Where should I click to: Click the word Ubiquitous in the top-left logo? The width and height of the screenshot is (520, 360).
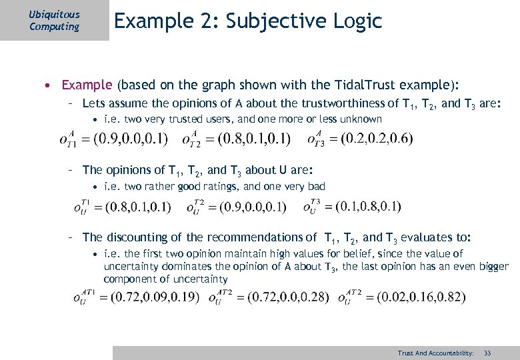click(55, 14)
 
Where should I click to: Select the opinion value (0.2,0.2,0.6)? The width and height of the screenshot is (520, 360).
click(377, 139)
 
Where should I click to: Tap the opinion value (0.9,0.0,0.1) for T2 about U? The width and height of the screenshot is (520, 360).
click(249, 207)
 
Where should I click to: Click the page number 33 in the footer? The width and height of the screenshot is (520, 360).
click(487, 352)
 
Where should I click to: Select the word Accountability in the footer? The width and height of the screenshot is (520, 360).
click(451, 352)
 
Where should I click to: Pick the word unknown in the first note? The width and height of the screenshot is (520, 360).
click(361, 119)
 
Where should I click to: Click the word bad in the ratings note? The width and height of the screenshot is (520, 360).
click(316, 187)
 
